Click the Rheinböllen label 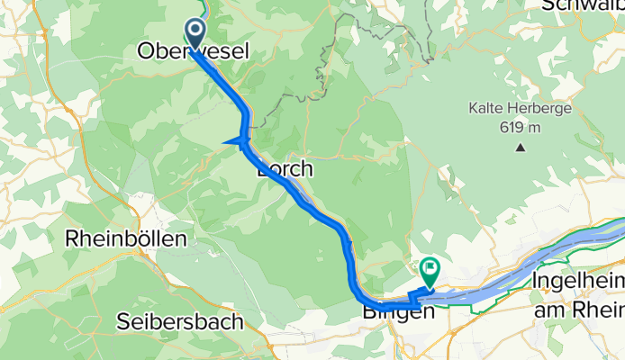coord(126,239)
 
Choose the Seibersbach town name coord(180,320)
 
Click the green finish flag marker coord(430,267)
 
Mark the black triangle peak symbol coord(519,147)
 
